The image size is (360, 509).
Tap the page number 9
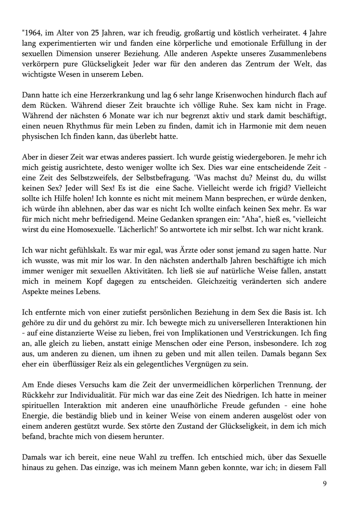click(325, 484)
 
